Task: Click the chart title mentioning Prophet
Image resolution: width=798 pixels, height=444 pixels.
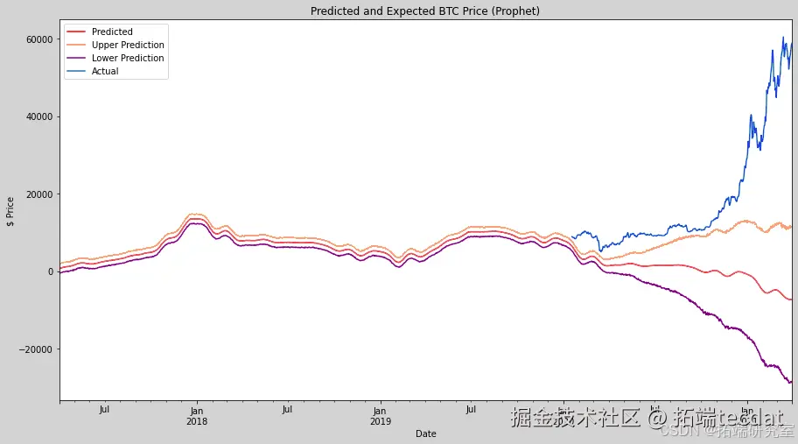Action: [x=425, y=11]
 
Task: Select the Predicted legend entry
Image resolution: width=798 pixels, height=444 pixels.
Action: [x=112, y=32]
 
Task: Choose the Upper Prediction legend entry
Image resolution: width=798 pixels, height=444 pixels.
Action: [x=128, y=46]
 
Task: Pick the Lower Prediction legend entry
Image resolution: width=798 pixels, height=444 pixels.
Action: [x=128, y=59]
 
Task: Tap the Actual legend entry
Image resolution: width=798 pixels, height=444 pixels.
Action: [x=105, y=72]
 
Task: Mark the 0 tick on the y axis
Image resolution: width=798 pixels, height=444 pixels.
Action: [x=50, y=271]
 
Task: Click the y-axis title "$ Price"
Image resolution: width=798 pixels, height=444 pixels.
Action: [x=10, y=211]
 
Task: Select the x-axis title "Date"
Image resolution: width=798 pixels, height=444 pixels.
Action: [x=425, y=433]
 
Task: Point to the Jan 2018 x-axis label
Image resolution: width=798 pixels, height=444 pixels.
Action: [x=197, y=415]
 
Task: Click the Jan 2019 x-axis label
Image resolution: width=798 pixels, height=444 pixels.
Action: [x=379, y=415]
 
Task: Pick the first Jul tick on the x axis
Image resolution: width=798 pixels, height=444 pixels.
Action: [x=104, y=409]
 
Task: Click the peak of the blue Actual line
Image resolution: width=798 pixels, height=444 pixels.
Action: [x=782, y=38]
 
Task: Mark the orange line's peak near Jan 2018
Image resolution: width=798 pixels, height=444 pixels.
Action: [x=196, y=214]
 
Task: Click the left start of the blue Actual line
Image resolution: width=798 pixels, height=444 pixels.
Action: [x=571, y=236]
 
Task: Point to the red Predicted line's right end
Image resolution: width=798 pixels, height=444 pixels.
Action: [x=791, y=300]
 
